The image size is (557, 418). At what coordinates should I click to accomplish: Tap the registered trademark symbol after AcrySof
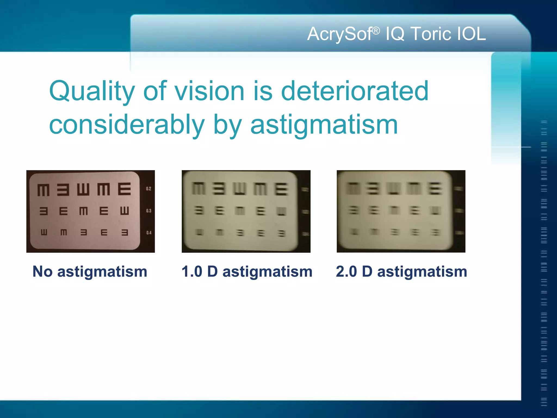[376, 31]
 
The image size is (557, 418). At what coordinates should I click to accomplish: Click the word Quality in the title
[92, 91]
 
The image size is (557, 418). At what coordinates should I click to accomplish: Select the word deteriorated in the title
[354, 91]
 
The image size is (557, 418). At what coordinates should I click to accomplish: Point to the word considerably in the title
[127, 125]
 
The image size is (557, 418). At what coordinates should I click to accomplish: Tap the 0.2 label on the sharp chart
[148, 189]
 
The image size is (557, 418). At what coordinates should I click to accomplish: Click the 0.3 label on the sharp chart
[148, 211]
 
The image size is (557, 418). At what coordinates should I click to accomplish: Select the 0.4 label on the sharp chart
[149, 233]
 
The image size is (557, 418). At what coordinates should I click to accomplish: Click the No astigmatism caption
[90, 272]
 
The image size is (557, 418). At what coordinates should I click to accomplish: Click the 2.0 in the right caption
[346, 272]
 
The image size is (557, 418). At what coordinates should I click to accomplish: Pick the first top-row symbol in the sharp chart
[44, 190]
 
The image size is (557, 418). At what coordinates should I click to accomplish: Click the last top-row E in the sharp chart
[125, 189]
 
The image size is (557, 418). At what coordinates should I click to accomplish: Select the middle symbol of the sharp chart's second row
[83, 211]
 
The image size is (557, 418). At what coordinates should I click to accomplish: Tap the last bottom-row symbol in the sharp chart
[125, 232]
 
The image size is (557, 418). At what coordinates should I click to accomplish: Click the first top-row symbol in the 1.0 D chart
[199, 189]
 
